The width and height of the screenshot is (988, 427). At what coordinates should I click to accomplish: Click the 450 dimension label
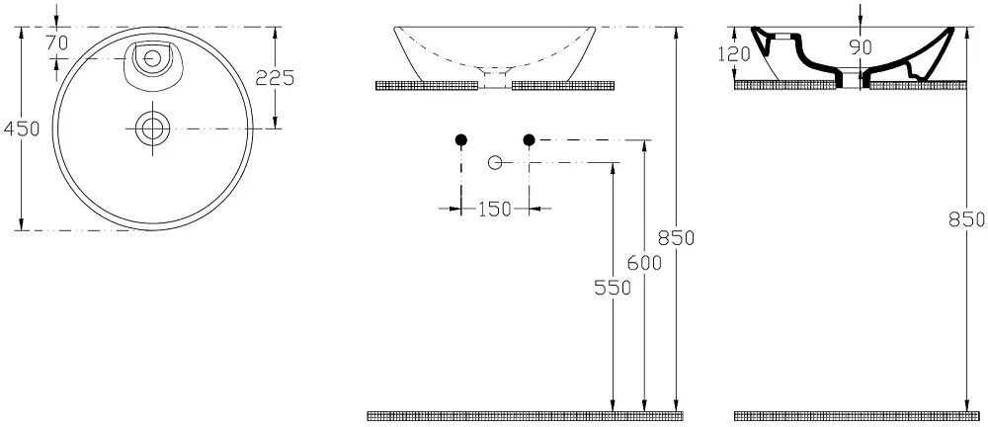pyautogui.click(x=21, y=128)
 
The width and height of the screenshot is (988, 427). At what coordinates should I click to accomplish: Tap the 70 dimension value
pyautogui.click(x=56, y=43)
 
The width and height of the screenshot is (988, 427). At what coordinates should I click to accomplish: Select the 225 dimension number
pyautogui.click(x=275, y=77)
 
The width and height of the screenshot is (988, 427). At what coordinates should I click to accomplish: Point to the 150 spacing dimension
pyautogui.click(x=495, y=209)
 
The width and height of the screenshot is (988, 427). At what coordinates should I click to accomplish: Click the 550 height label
pyautogui.click(x=613, y=288)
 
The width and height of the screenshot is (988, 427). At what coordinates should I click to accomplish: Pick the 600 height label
pyautogui.click(x=644, y=262)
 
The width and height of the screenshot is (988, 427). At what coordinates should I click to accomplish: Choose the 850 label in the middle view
pyautogui.click(x=676, y=238)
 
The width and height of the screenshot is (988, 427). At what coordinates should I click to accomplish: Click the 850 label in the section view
pyautogui.click(x=967, y=218)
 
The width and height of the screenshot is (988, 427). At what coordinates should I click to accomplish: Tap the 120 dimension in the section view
pyautogui.click(x=734, y=53)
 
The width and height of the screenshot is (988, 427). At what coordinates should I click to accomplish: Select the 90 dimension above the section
pyautogui.click(x=860, y=46)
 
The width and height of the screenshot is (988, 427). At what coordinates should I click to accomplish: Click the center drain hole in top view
pyautogui.click(x=152, y=128)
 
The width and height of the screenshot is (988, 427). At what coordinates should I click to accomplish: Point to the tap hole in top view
pyautogui.click(x=151, y=58)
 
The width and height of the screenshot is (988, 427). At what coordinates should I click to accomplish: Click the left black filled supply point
pyautogui.click(x=460, y=139)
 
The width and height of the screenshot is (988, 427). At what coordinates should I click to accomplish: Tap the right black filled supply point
pyautogui.click(x=529, y=139)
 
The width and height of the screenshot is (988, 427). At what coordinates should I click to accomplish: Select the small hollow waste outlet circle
pyautogui.click(x=495, y=163)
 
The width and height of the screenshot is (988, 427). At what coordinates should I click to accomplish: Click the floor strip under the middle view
pyautogui.click(x=525, y=416)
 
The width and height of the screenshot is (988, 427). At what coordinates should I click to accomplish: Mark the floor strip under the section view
pyautogui.click(x=857, y=416)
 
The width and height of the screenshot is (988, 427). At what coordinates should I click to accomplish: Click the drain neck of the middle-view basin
pyautogui.click(x=495, y=78)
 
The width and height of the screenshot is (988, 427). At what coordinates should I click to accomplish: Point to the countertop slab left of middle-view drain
pyautogui.click(x=427, y=86)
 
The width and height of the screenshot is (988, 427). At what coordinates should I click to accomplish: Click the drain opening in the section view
pyautogui.click(x=853, y=77)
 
